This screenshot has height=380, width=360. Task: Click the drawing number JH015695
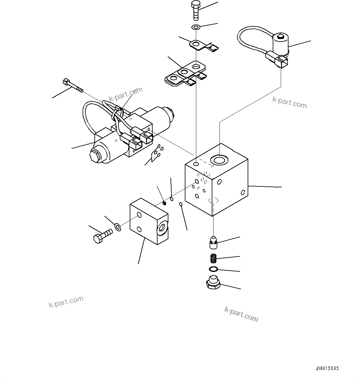tap(327, 369)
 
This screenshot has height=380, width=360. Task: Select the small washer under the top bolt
tap(196, 27)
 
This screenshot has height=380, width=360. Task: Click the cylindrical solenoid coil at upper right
tap(280, 43)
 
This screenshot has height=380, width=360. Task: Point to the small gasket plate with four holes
tap(156, 153)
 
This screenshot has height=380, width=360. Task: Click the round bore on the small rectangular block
tap(162, 228)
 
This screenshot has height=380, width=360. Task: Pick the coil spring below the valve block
tap(213, 258)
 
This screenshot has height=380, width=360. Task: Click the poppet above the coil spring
tap(213, 242)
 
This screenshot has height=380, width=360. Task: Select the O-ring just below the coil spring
tap(213, 269)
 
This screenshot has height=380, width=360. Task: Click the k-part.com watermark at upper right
tap(289, 103)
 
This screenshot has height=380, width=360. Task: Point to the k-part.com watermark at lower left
tap(66, 302)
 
